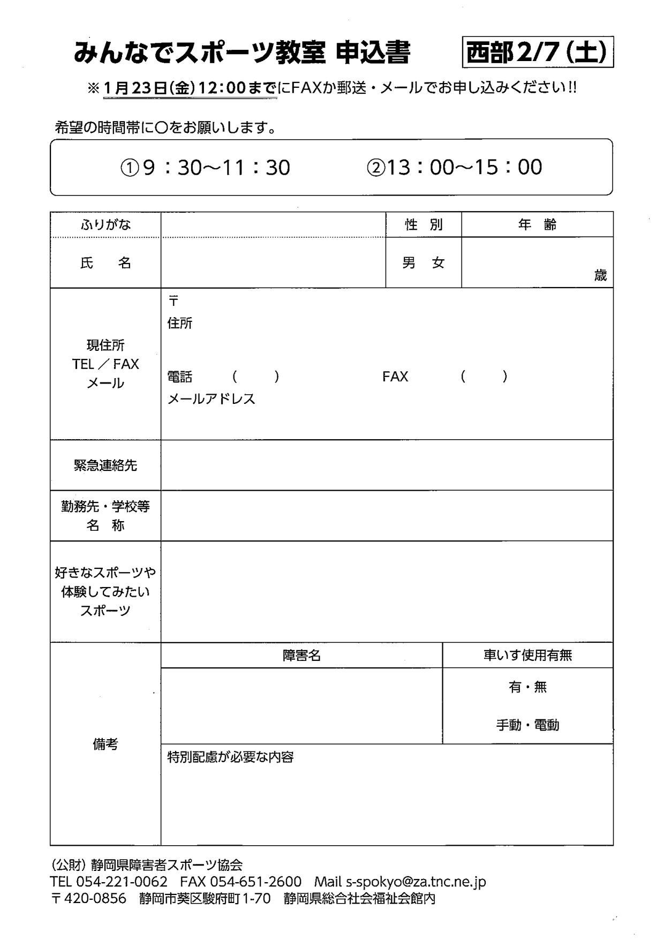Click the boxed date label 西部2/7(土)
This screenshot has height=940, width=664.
point(538,52)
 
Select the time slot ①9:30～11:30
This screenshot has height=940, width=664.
point(205,168)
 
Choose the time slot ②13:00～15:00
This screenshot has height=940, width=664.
point(454,167)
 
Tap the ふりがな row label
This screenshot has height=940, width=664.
point(105,224)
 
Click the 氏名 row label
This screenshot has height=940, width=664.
point(105,263)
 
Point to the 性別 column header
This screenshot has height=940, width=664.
point(424,224)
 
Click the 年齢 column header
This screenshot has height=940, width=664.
point(537,224)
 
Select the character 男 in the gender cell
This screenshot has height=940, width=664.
point(409,263)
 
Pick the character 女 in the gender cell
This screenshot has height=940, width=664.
point(439,263)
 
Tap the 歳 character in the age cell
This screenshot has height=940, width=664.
point(600,275)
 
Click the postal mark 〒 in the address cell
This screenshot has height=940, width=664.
point(173,301)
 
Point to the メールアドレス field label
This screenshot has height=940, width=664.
point(212,399)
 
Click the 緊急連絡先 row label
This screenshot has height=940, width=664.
point(105,465)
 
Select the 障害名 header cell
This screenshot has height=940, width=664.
point(301,655)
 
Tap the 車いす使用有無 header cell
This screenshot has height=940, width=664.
point(527,655)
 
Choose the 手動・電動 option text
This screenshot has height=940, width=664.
point(527,725)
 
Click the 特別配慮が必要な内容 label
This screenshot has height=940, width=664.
point(230,757)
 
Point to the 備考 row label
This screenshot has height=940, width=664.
point(105,744)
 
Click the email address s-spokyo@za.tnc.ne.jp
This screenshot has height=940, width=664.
point(416,882)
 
